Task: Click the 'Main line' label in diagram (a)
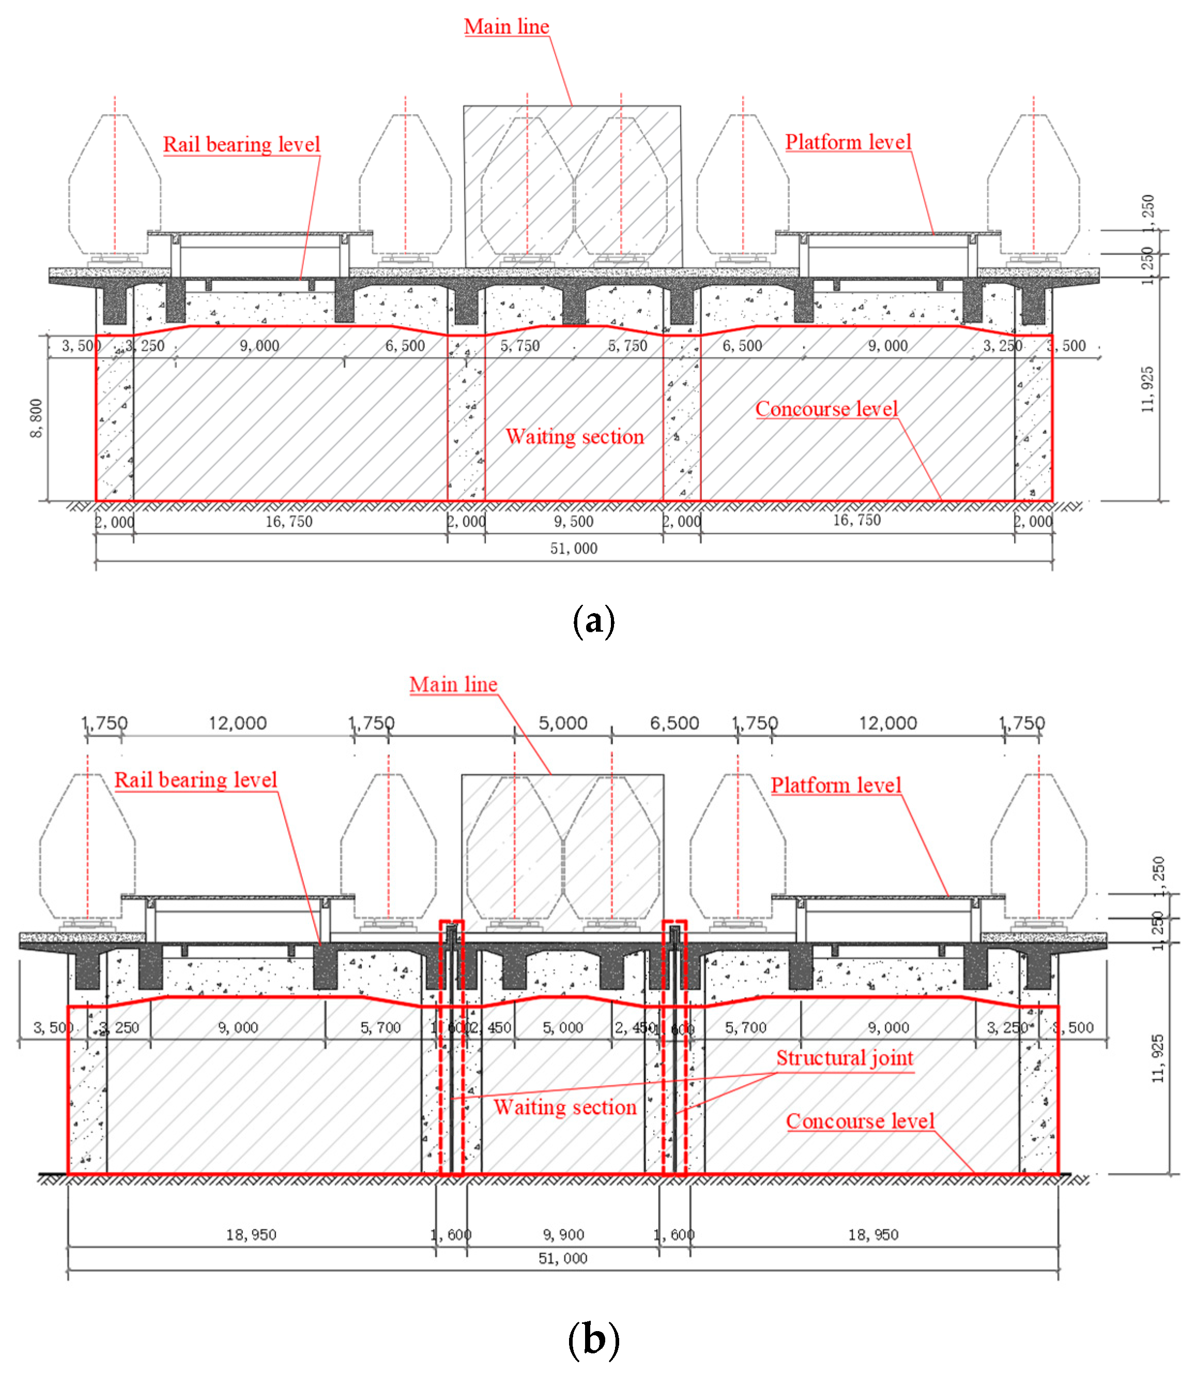[x=507, y=27]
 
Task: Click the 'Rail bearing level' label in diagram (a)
[x=241, y=144]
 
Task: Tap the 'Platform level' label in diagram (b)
[x=836, y=785]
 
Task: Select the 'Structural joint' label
[x=845, y=1058]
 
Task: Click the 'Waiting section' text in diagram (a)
[x=574, y=436]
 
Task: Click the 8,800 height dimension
[x=36, y=418]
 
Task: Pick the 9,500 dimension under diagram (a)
[x=573, y=521]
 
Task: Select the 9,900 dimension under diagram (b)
[x=563, y=1234]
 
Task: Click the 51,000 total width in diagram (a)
[x=573, y=548]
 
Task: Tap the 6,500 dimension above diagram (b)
[x=674, y=723]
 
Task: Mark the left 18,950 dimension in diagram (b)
[x=251, y=1234]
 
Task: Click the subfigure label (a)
[x=593, y=621]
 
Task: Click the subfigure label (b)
[x=593, y=1339]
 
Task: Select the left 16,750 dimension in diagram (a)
[x=288, y=521]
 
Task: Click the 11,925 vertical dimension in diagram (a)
[x=1147, y=390]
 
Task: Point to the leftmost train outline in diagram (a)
[x=114, y=184]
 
